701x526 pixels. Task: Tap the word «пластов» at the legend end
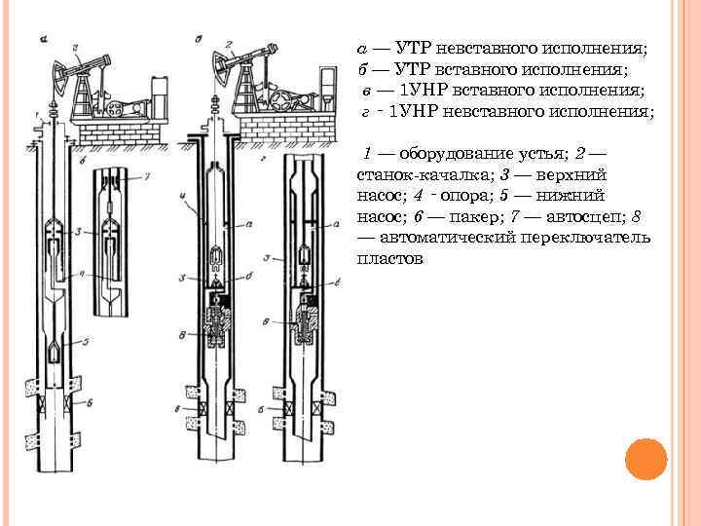pos(389,259)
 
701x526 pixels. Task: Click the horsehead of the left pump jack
pos(61,70)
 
